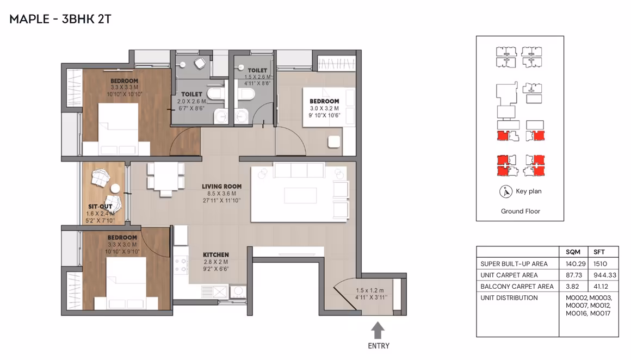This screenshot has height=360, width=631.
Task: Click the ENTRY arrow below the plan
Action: pyautogui.click(x=377, y=330)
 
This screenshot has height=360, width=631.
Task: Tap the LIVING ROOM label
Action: pyautogui.click(x=222, y=187)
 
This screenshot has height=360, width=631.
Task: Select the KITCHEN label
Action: pyautogui.click(x=216, y=255)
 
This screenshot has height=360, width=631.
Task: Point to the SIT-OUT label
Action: pyautogui.click(x=100, y=207)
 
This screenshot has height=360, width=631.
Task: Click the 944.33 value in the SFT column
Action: pyautogui.click(x=605, y=275)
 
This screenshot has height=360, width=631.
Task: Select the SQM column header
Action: pyautogui.click(x=573, y=252)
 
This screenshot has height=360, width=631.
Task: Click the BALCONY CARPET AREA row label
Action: pyautogui.click(x=517, y=287)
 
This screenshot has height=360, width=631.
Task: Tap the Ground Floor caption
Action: pyautogui.click(x=521, y=211)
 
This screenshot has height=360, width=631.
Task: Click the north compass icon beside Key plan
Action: pyautogui.click(x=505, y=191)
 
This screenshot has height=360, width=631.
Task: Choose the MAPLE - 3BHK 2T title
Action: pyautogui.click(x=60, y=19)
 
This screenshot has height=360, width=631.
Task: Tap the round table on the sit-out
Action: pyautogui.click(x=115, y=188)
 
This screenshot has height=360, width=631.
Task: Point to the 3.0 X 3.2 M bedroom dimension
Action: pyautogui.click(x=324, y=108)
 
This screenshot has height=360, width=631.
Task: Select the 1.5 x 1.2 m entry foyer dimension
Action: pyautogui.click(x=369, y=290)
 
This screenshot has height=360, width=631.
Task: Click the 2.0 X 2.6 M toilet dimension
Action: pyautogui.click(x=191, y=101)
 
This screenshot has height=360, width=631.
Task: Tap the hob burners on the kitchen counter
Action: pyautogui.click(x=181, y=265)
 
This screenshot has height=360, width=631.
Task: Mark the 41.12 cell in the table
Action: pyautogui.click(x=601, y=287)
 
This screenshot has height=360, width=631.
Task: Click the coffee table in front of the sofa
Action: pyautogui.click(x=300, y=195)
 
